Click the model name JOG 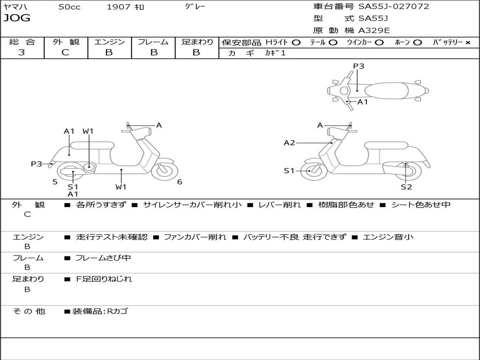(17, 18)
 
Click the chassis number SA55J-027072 (394, 7)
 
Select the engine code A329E (374, 30)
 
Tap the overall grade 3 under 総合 (22, 52)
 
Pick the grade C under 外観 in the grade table (65, 52)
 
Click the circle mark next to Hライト (296, 43)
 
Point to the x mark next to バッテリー (468, 43)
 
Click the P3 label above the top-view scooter (359, 66)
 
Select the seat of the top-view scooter (386, 90)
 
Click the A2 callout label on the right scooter (289, 142)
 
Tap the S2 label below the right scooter (406, 187)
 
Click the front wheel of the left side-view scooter (165, 171)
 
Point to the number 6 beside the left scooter (180, 182)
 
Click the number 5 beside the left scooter (55, 182)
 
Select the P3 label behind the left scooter (37, 164)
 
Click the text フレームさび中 (103, 258)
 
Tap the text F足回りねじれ (104, 279)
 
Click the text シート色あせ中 (421, 204)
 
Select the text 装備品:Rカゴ (100, 311)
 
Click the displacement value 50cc (69, 7)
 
